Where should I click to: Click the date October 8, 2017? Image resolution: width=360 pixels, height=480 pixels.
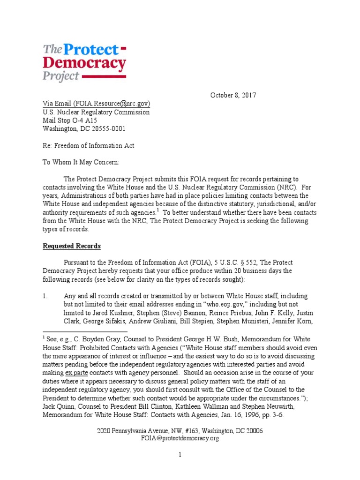[x=232, y=95]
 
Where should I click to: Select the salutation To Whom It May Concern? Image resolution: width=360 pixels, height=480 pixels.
[x=82, y=162]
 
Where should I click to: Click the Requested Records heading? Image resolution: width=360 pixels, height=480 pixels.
[x=72, y=246]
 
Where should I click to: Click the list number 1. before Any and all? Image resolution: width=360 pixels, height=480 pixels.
[x=45, y=296]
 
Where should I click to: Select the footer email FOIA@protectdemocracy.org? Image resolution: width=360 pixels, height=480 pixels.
[x=180, y=438]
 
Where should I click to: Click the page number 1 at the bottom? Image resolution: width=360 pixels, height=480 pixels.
[x=180, y=455]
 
